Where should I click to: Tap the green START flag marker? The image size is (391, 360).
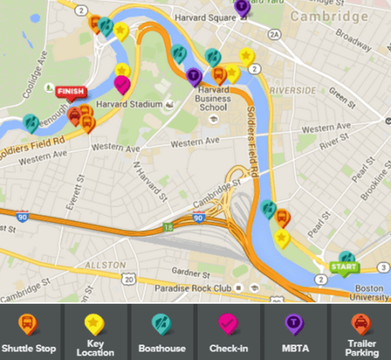pos(343,267)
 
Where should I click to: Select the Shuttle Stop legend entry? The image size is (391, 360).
pos(28,333)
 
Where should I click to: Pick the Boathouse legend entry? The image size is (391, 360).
pos(161,333)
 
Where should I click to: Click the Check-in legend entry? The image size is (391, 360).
pos(227,333)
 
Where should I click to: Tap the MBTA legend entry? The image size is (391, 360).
pos(293,333)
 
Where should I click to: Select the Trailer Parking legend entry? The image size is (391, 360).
pos(359,333)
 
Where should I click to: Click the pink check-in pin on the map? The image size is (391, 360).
pos(122,83)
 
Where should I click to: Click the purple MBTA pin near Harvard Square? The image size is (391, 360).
pos(243,6)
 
